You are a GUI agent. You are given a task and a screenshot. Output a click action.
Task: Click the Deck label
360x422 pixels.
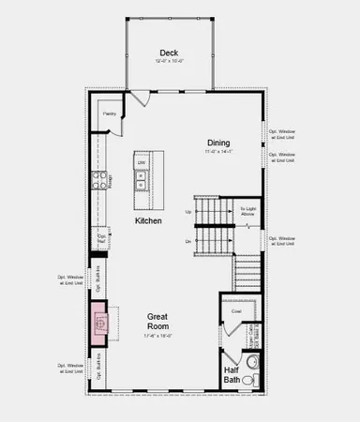point(169,53)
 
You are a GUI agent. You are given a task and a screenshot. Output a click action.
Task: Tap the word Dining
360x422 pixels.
point(218,143)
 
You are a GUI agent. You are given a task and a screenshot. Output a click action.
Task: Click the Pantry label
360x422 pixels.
point(109,114)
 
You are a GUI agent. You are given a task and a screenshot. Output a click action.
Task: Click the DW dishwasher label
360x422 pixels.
point(142,163)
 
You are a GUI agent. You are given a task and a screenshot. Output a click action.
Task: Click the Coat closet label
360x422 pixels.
point(237,310)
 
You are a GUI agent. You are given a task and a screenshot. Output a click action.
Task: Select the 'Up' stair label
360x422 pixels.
point(188,212)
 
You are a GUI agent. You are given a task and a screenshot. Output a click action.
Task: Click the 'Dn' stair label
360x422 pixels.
point(188,241)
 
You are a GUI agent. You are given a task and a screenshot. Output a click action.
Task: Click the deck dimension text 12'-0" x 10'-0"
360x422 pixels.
point(169,62)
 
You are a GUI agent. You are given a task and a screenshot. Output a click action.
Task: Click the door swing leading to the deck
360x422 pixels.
point(139,98)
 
